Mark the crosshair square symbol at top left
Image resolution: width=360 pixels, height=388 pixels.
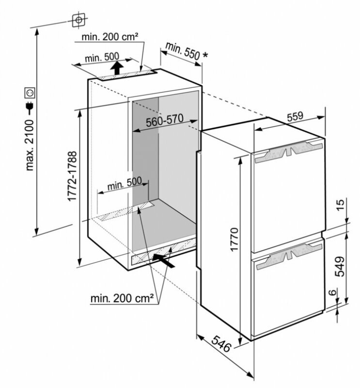[77, 20]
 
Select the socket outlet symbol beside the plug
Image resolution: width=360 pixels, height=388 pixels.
[30, 92]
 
